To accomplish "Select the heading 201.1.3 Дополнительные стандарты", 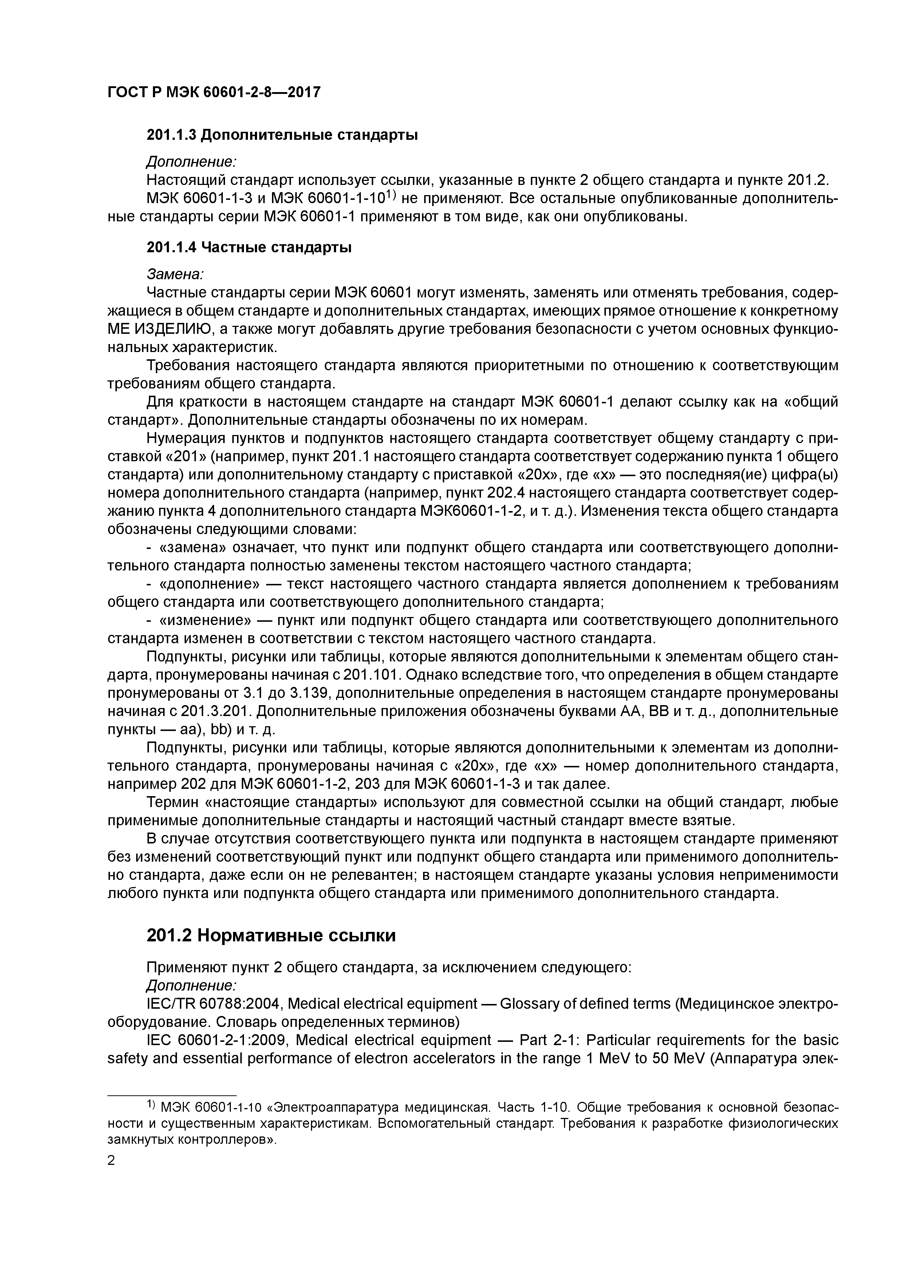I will pos(282,135).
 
